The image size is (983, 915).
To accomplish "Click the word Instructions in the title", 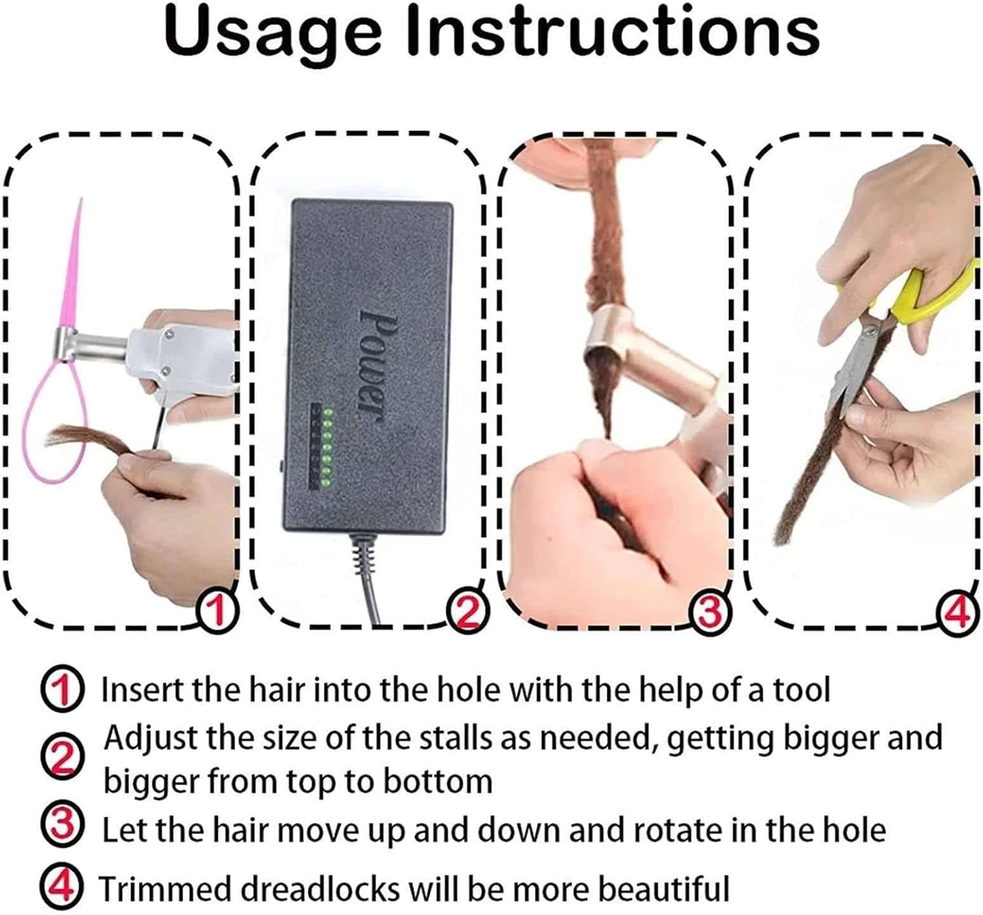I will [613, 31].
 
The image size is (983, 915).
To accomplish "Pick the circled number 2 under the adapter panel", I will [467, 612].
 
